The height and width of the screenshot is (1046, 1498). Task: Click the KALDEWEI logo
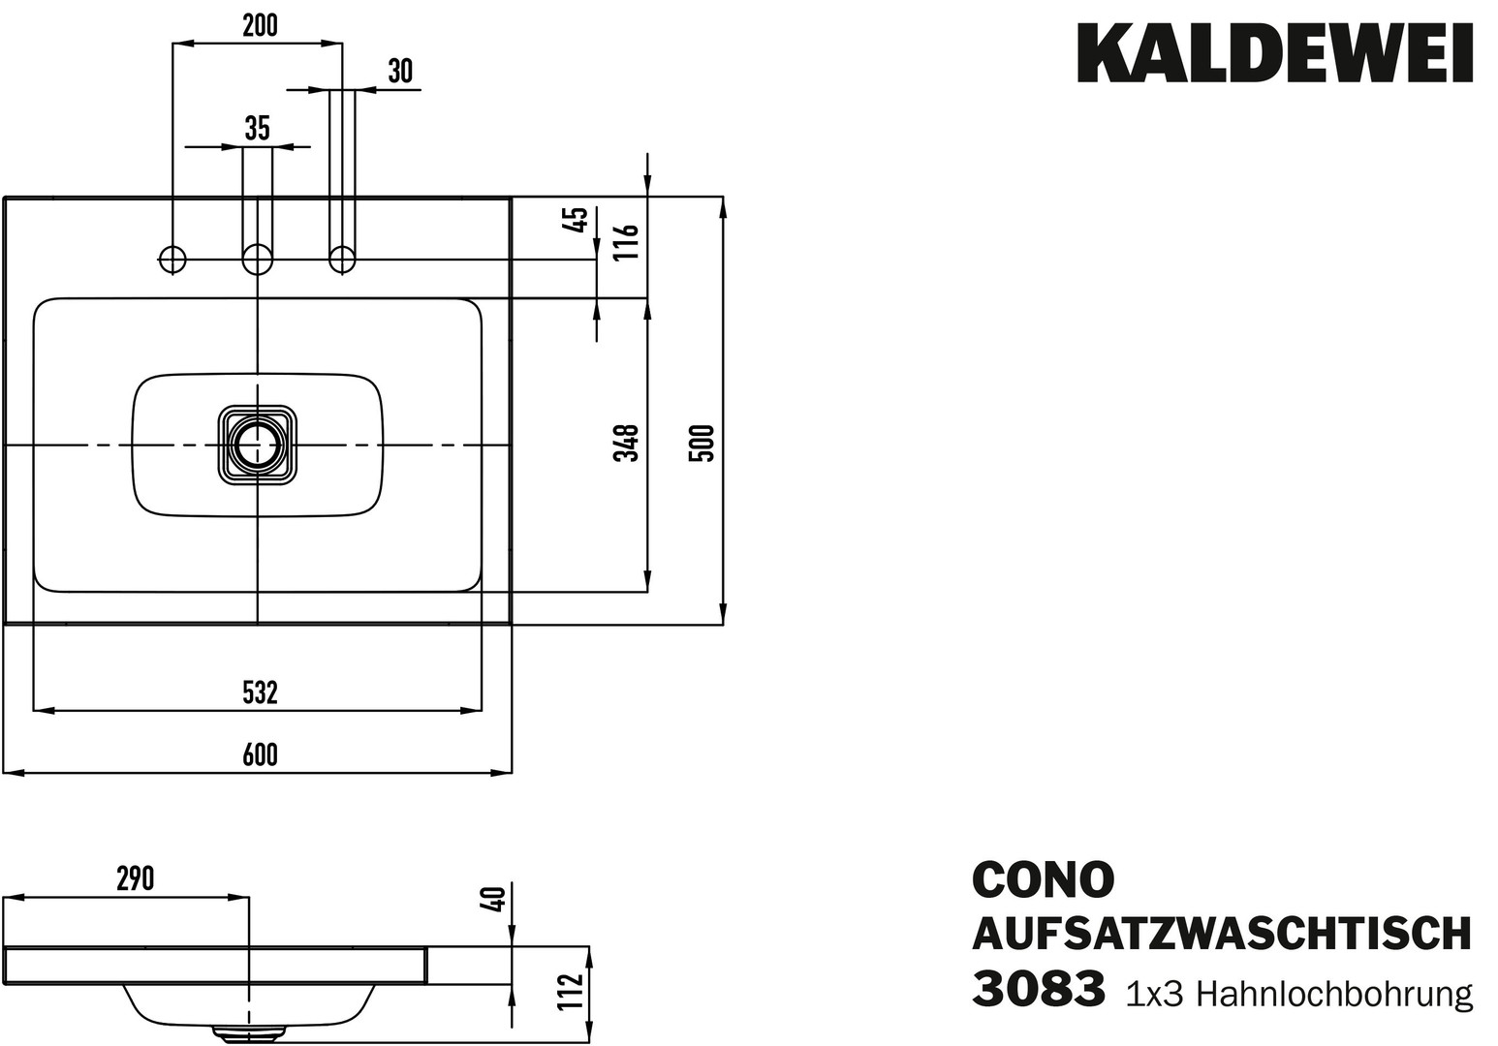[x=1275, y=54]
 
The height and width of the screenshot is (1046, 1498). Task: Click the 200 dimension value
[x=260, y=26]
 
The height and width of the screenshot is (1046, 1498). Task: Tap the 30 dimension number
[x=399, y=71]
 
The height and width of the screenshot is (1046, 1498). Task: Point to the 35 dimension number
[x=257, y=128]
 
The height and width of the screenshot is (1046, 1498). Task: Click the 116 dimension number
[x=628, y=241]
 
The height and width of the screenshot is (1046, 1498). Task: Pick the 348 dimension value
[x=628, y=443]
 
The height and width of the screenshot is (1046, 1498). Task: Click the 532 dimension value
[x=260, y=692]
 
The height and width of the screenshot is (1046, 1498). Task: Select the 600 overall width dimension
[x=260, y=754]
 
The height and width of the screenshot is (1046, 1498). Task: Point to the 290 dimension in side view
[x=136, y=879]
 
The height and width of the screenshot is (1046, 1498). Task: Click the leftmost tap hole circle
[x=172, y=259]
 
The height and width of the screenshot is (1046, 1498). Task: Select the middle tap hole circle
[x=257, y=259]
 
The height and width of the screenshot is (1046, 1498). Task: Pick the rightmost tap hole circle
[x=342, y=259]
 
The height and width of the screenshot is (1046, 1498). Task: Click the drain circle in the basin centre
[x=257, y=444]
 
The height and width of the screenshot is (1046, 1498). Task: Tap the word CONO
[x=1043, y=879]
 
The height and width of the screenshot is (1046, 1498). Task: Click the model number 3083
[x=1038, y=990]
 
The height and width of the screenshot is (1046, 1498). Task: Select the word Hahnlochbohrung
[x=1334, y=994]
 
